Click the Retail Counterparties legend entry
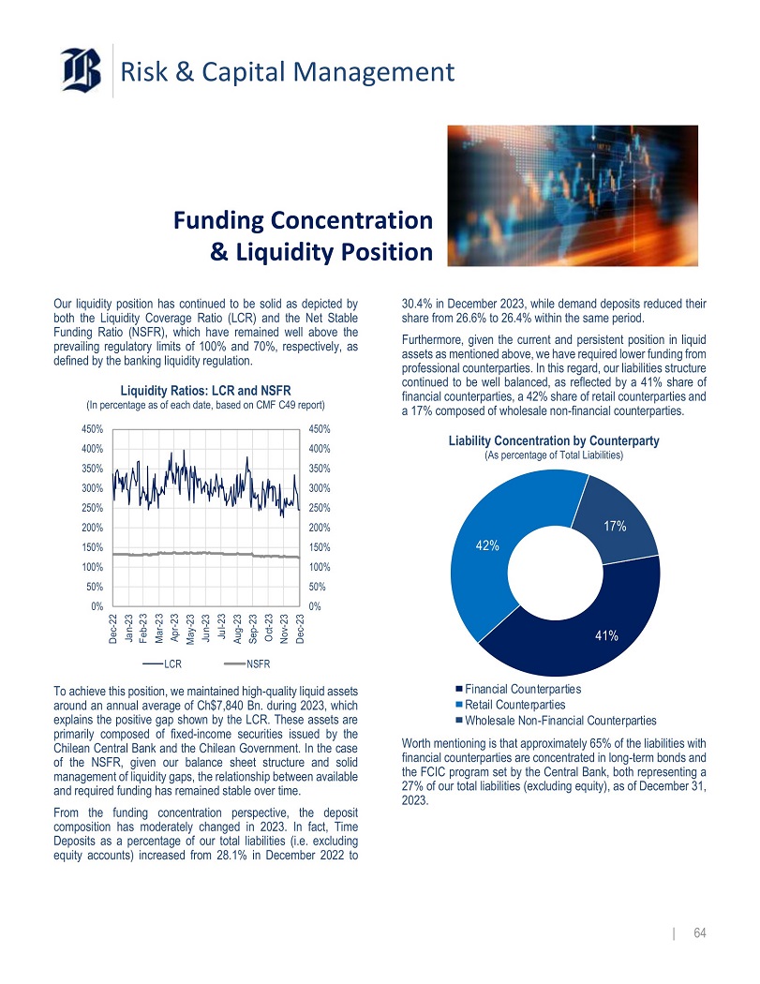tap(514, 704)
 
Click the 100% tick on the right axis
tap(320, 567)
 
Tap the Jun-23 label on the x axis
tap(205, 623)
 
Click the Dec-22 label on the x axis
tap(112, 626)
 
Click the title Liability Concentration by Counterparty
tap(554, 440)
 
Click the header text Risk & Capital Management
tap(288, 71)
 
